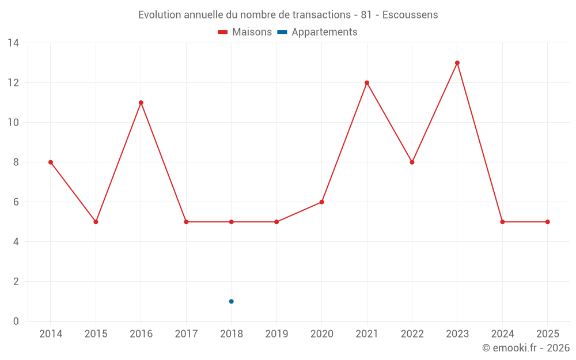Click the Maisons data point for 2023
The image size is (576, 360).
(457, 63)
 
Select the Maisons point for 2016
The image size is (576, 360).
(141, 103)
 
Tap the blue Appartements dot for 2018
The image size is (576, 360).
(231, 301)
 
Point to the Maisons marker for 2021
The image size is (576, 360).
(367, 82)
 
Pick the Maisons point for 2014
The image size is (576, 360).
(51, 162)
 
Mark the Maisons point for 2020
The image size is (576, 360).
(321, 202)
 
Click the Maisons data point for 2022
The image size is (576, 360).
(412, 162)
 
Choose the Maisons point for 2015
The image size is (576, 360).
(96, 222)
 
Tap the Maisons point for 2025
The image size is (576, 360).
(548, 222)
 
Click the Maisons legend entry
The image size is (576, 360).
(245, 32)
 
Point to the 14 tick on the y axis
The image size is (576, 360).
(13, 43)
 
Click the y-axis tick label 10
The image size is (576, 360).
(13, 123)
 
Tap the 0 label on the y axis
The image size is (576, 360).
(16, 321)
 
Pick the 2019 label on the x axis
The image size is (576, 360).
(276, 334)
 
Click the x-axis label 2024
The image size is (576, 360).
(502, 334)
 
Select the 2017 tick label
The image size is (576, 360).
(186, 334)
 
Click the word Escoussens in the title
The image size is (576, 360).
(410, 15)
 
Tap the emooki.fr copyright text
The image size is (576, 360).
(526, 348)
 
